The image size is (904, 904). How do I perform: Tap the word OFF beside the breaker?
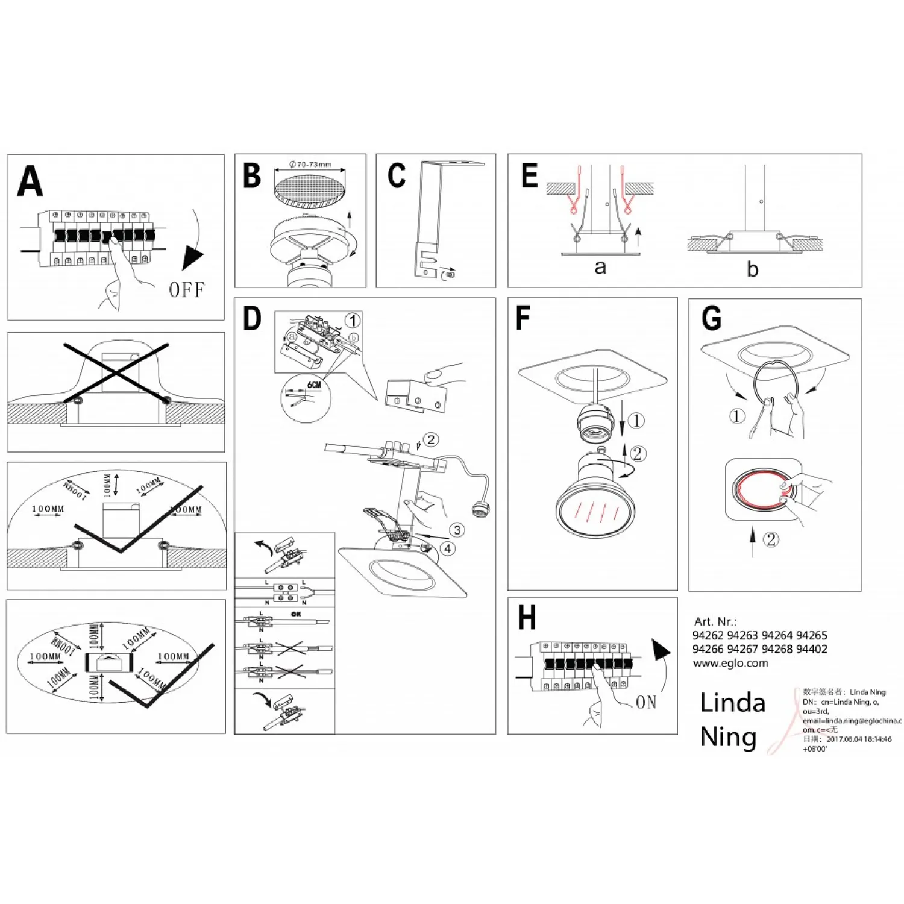pos(187,290)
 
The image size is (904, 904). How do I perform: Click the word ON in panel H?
pos(646,702)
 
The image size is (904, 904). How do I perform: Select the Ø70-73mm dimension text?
pos(310,165)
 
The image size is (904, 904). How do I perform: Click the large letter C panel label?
pos(397,176)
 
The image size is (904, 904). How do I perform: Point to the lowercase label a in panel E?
pos(600,267)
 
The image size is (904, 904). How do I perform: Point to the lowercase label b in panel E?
pos(752,269)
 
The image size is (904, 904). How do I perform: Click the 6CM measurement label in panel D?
pos(314,385)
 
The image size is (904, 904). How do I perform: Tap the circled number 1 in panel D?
pos(353,321)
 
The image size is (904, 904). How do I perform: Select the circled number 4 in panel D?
pos(448,548)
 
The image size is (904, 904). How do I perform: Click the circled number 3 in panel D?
pos(457,530)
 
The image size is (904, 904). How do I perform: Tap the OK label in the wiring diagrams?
pos(296,614)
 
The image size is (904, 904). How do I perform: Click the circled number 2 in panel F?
pos(638,453)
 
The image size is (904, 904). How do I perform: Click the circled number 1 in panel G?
pos(736,416)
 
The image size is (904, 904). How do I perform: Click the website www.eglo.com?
pos(730,663)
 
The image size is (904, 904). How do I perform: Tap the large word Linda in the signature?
pos(732,703)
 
